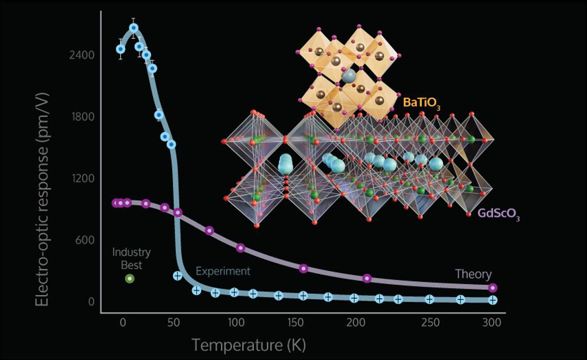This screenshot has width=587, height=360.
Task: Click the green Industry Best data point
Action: point(130,278)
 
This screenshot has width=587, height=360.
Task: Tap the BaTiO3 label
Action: point(422,103)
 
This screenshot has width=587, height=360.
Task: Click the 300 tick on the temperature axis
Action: point(492,322)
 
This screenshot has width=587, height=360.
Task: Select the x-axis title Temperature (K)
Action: point(248,345)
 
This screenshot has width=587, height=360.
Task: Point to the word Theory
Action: point(473,274)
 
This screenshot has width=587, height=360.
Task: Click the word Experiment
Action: point(223,271)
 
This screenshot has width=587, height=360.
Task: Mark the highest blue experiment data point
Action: point(134,28)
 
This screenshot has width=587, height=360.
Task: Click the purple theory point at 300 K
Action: point(493,288)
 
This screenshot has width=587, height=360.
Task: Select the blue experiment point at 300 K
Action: point(493,300)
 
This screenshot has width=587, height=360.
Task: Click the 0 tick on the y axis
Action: point(91,301)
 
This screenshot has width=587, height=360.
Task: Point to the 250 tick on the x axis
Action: point(429,322)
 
